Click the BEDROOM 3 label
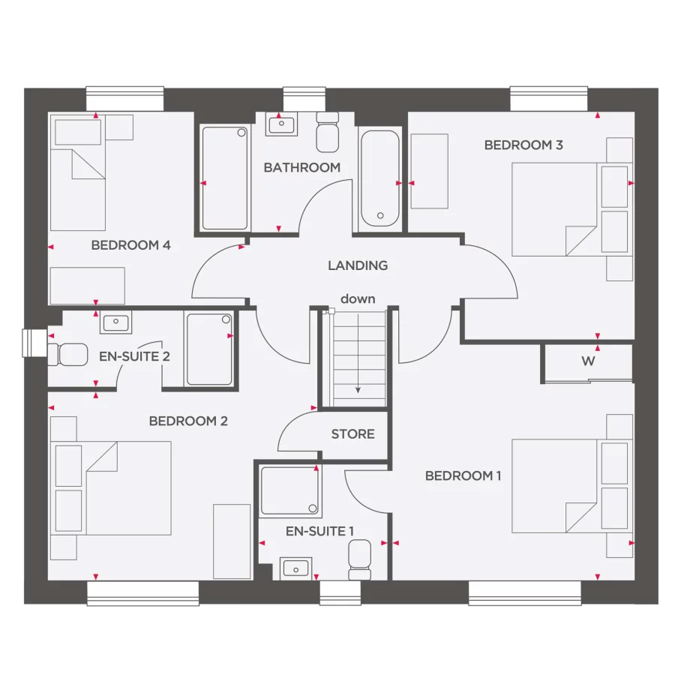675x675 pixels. coord(523,145)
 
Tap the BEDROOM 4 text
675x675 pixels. coord(130,245)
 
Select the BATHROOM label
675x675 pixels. coord(301,168)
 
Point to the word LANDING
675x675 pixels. coord(358,265)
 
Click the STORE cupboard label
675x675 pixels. coord(352,434)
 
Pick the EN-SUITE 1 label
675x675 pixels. coord(319,532)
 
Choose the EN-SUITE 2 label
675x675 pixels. coord(134,356)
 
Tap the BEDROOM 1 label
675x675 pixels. coord(463,476)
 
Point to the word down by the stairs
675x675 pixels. coord(358,299)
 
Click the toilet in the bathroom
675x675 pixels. coord(327,132)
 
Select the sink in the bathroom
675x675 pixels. coord(280,124)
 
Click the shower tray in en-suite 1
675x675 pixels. coord(289,491)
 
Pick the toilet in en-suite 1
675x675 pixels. coord(359,560)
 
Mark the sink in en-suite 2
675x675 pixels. coord(115,324)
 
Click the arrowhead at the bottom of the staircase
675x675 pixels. coord(358,390)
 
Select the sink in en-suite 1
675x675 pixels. coord(295,569)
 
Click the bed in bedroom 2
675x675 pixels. coord(120,487)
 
